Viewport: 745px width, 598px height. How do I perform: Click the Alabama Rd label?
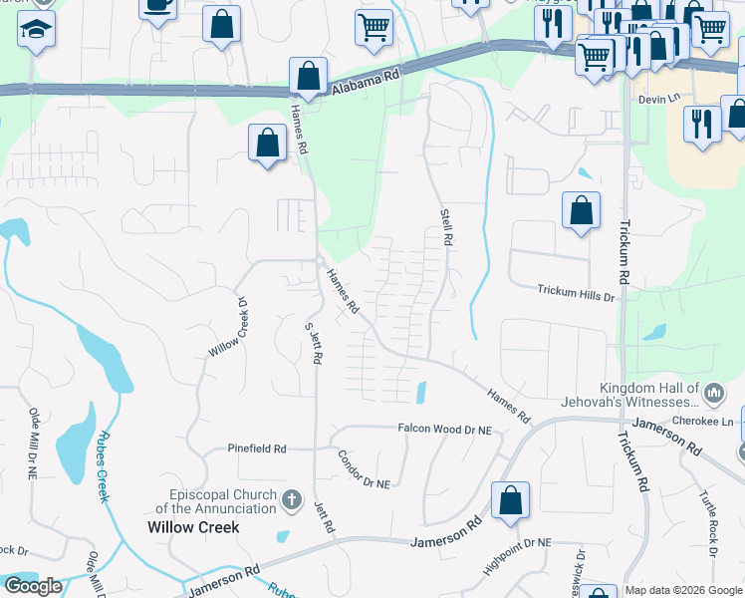[x=365, y=80]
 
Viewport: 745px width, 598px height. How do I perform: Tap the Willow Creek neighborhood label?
[x=193, y=527]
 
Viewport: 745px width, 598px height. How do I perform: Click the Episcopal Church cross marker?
[x=292, y=497]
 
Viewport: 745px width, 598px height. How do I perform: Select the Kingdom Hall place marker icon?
[x=713, y=395]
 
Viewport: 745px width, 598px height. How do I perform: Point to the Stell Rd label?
[x=447, y=227]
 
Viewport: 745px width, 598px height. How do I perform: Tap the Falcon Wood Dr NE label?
[x=445, y=429]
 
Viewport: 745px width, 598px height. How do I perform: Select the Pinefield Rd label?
[x=256, y=449]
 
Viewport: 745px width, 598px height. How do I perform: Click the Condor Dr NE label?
[x=364, y=469]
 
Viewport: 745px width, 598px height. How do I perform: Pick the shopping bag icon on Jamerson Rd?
[x=510, y=501]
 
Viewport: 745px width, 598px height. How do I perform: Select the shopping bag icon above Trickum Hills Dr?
[x=581, y=210]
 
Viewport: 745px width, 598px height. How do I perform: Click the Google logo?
[x=33, y=586]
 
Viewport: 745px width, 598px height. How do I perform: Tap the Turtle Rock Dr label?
[x=709, y=510]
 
